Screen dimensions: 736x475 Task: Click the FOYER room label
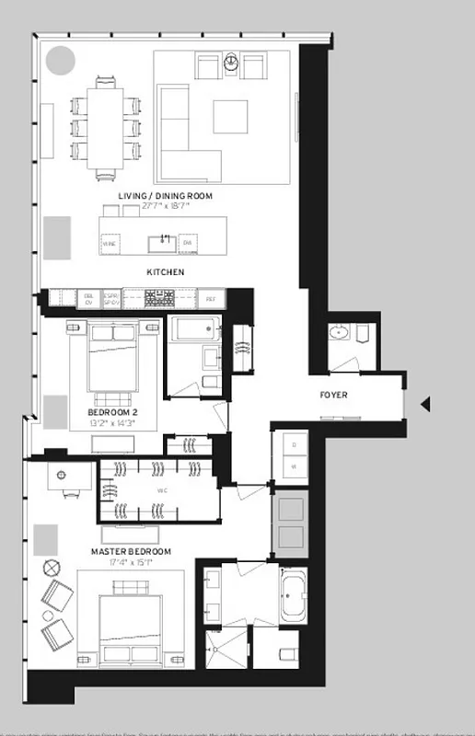(334, 397)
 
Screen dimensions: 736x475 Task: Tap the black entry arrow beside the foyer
(425, 404)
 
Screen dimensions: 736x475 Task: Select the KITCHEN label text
(166, 272)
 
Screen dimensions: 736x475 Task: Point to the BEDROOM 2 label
(113, 412)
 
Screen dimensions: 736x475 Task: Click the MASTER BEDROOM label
(131, 552)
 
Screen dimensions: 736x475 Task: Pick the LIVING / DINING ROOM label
(154, 197)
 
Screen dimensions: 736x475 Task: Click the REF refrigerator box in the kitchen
(210, 298)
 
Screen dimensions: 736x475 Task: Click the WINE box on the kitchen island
(110, 243)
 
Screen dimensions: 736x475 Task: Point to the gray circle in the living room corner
(61, 62)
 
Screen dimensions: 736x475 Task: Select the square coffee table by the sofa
(230, 118)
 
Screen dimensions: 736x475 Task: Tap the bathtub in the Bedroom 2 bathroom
(192, 328)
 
